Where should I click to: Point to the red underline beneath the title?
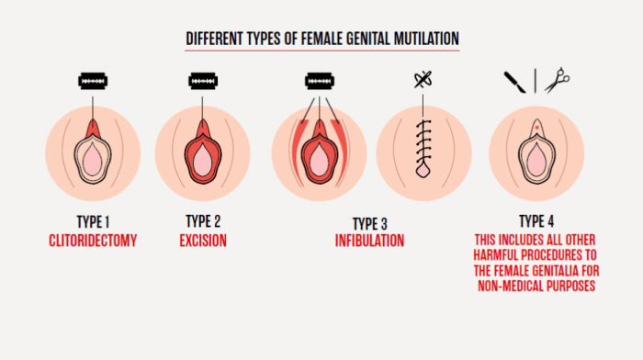point(321,51)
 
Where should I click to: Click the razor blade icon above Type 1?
point(93,82)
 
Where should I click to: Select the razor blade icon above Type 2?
point(203,82)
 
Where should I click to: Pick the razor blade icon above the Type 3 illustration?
point(318,82)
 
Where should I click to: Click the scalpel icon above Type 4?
point(514,82)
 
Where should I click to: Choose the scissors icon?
point(556,82)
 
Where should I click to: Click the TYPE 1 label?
point(92,221)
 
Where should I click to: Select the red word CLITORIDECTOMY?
point(92,241)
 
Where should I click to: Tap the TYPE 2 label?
point(203,221)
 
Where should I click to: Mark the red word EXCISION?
point(203,241)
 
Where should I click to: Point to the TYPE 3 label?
point(369,223)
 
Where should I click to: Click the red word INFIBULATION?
point(369,242)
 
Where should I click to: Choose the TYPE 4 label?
point(536,221)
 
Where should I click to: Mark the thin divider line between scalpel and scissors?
point(536,82)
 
